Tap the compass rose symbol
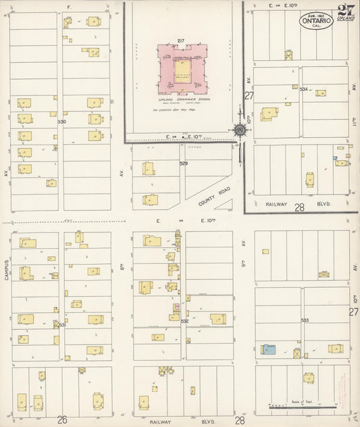(240, 130)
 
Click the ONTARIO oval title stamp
(316, 21)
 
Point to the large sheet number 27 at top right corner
(347, 11)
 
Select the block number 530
(62, 122)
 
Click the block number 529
(183, 164)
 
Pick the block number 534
(304, 89)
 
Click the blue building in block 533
(269, 349)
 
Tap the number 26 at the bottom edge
(62, 420)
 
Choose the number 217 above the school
(181, 42)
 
